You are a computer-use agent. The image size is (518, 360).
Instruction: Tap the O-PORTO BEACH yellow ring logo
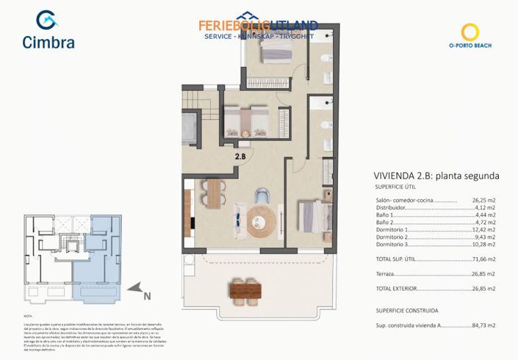(x=470, y=32)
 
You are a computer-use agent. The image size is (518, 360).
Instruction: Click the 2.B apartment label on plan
(x=240, y=155)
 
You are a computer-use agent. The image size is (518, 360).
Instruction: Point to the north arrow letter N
(x=147, y=297)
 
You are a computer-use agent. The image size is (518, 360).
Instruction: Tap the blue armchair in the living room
(x=264, y=195)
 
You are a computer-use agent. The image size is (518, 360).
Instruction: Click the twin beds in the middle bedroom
(x=245, y=119)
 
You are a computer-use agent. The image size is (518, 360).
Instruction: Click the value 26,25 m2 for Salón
(x=483, y=200)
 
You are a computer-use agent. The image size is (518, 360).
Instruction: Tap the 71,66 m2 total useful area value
(x=483, y=259)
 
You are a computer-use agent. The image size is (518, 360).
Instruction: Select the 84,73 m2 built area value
(x=483, y=325)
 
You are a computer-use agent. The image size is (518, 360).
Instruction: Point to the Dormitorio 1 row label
(x=392, y=230)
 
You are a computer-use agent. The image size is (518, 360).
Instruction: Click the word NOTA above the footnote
(x=28, y=314)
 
